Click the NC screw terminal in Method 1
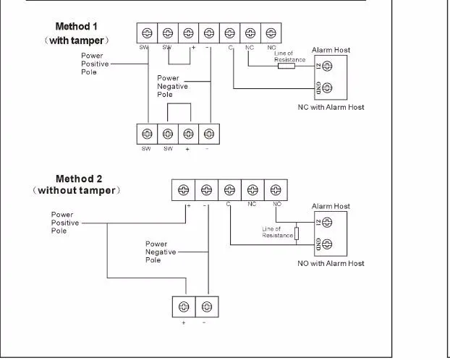point(250,33)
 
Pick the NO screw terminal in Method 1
point(271,33)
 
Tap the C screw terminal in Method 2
point(229,190)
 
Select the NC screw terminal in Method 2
point(252,190)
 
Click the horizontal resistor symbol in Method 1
point(286,66)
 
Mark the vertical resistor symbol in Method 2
point(297,233)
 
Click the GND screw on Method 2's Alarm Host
point(327,244)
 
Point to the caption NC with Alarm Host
point(331,107)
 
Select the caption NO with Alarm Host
point(331,264)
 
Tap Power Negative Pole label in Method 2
point(156,252)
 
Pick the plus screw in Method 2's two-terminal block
point(184,307)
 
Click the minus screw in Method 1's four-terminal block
point(208,134)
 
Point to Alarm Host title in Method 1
point(331,51)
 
